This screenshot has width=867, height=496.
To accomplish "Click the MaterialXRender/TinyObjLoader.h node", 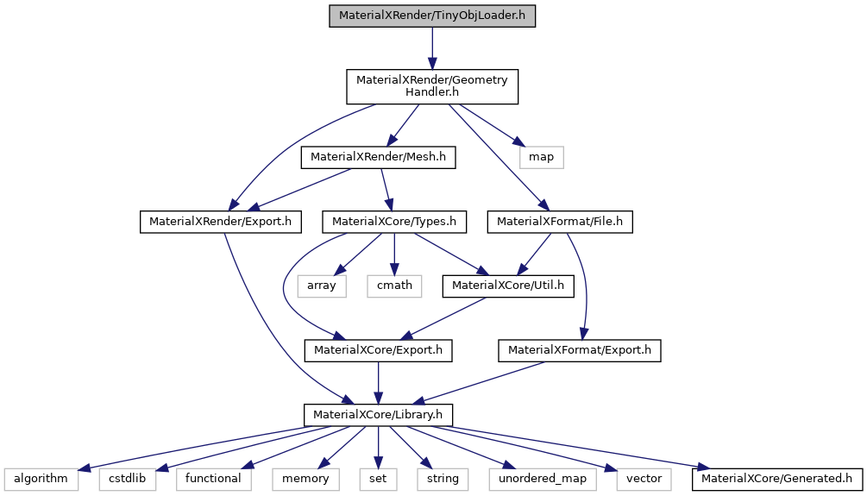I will (432, 16).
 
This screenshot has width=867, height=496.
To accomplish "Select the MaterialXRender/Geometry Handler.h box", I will (432, 85).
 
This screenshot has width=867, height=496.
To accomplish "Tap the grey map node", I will (541, 157).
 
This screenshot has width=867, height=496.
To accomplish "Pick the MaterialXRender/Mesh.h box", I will (377, 157).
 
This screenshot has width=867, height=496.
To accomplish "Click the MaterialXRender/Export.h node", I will (220, 223).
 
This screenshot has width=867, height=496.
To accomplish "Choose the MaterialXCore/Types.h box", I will (393, 223).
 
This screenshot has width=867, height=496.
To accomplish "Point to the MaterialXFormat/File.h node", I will (561, 223).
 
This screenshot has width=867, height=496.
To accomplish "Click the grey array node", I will (322, 286).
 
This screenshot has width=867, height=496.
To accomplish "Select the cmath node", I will (393, 286).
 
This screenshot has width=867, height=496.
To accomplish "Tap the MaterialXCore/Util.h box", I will (508, 286).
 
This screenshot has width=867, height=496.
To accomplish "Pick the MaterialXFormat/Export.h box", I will (579, 350).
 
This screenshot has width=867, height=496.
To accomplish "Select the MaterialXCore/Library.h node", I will (378, 415).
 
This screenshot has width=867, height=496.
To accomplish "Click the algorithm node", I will (41, 478).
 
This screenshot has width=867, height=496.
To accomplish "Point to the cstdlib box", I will (127, 478).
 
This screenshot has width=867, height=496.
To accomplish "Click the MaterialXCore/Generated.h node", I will (776, 478).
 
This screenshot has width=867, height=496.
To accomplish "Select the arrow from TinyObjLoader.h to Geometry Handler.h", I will (432, 48).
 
